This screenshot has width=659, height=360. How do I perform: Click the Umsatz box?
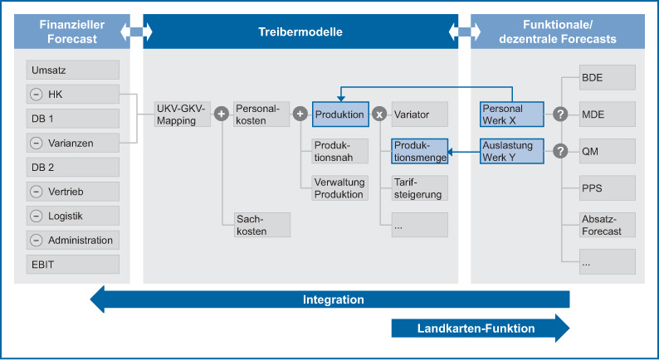(x=72, y=70)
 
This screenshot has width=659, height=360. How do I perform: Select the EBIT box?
(x=72, y=265)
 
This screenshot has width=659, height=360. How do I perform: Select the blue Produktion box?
(x=339, y=114)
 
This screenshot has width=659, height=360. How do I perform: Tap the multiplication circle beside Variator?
(x=378, y=114)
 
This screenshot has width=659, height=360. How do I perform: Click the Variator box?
(x=419, y=114)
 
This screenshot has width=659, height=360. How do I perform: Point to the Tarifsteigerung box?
(x=419, y=187)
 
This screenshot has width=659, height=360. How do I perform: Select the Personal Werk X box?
(x=511, y=114)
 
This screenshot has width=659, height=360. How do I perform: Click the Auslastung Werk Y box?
(x=511, y=151)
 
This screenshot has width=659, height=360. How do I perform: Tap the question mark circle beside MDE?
(x=560, y=114)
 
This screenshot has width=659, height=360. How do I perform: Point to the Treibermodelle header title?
(x=300, y=32)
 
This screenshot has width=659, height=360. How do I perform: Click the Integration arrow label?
(x=332, y=299)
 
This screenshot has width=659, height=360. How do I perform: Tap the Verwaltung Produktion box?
(x=339, y=187)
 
